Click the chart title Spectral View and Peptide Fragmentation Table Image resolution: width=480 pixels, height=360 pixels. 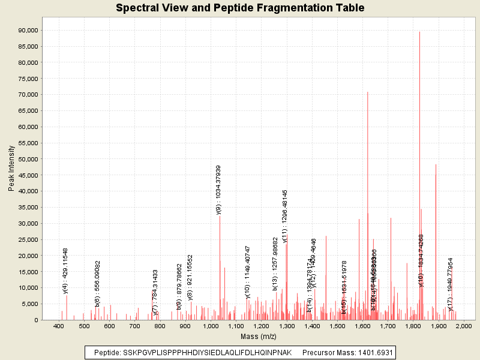point(240,8)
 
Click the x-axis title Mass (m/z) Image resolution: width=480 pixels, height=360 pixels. point(258,337)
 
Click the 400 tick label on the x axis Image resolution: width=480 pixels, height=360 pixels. point(59,326)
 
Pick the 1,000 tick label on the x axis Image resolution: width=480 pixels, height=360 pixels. point(211,326)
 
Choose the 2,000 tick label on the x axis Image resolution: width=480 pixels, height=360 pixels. point(463,326)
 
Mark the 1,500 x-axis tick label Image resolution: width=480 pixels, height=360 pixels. point(337,326)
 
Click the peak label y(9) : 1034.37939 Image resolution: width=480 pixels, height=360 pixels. point(219,190)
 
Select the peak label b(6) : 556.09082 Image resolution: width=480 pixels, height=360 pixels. point(98,284)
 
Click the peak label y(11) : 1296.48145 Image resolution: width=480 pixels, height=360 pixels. point(286,216)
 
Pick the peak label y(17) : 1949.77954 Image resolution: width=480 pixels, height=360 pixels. point(451,284)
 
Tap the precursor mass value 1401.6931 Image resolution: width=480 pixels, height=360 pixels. point(373,352)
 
